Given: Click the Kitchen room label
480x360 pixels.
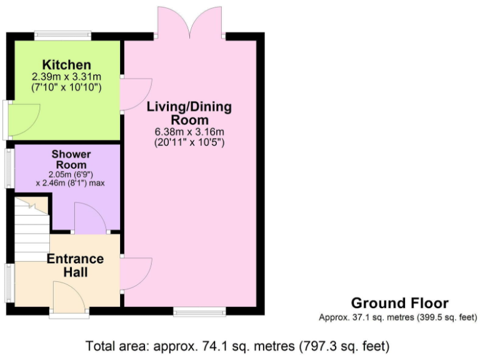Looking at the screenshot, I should pos(67,65).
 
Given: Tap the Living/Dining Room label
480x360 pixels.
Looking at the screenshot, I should pos(189,113).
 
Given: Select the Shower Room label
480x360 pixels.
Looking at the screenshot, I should pos(71,159).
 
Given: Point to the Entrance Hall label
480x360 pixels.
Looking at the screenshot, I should pos(75,266).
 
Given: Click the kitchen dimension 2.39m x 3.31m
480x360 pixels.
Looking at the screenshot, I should pos(67,77).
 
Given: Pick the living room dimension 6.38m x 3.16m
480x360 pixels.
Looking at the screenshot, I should pos(189,132).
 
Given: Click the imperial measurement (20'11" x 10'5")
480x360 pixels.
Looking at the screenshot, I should pos(189,142).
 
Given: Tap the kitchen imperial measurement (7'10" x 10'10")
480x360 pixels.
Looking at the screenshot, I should pos(67,87).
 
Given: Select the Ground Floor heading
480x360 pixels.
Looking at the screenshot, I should pos(399,303).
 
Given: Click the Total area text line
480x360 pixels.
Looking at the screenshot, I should pos(238,344).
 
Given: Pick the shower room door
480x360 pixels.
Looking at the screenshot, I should pos(89,219).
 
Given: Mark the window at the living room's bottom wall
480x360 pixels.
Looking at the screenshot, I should pos(199,311).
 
